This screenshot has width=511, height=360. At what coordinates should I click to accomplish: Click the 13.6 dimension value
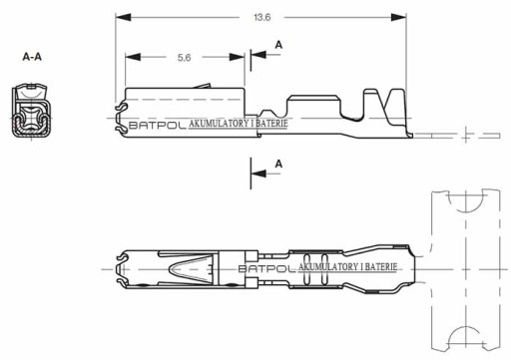click(262, 17)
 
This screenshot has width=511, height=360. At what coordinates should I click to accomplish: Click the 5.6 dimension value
click(184, 58)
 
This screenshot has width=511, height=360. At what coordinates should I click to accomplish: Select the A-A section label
click(32, 57)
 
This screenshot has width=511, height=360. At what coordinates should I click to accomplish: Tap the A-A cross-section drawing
click(31, 111)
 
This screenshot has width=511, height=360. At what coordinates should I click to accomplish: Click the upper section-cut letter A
click(278, 45)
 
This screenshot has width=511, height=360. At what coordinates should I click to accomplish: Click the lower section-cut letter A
click(278, 164)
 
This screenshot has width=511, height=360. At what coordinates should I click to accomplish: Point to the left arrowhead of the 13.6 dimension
click(123, 17)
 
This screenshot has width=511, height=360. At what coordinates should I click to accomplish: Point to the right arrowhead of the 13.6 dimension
click(398, 17)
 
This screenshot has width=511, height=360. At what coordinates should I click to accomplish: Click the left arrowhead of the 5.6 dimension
click(133, 57)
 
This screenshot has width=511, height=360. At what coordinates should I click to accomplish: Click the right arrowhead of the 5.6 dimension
click(237, 57)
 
